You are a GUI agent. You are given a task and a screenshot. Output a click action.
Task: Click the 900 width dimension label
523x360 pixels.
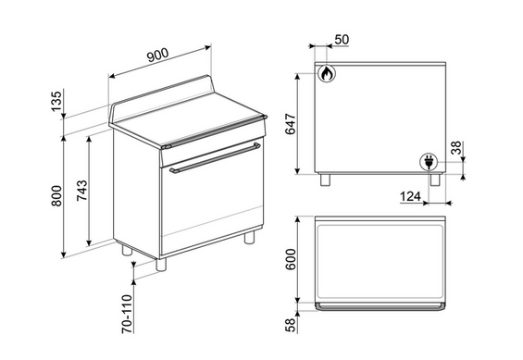click(x=158, y=55)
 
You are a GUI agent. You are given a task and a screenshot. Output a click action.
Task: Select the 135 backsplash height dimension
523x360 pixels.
click(x=56, y=101)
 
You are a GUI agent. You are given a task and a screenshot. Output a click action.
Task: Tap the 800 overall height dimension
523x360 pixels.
click(x=56, y=196)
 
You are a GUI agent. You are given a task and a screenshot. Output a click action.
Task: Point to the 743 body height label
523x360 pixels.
click(x=82, y=191)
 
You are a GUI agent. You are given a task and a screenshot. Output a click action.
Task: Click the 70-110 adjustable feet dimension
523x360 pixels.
click(x=127, y=314)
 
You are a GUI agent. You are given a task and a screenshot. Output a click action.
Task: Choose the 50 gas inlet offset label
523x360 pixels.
click(x=342, y=40)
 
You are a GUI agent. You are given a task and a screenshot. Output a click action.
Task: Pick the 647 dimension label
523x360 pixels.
click(x=291, y=124)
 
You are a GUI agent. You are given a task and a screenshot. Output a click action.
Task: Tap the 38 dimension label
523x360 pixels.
click(x=456, y=148)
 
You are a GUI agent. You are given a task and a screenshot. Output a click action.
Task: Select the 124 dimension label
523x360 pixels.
click(x=410, y=196)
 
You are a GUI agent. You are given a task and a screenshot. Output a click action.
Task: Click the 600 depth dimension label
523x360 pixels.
click(x=291, y=259)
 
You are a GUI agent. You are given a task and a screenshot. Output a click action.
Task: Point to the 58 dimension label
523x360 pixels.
click(x=291, y=326)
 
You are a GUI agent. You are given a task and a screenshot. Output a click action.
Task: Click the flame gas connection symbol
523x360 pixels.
click(x=327, y=73)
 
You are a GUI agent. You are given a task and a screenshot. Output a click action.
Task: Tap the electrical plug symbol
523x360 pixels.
click(x=429, y=162)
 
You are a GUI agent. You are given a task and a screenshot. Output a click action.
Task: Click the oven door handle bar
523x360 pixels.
click(x=215, y=158)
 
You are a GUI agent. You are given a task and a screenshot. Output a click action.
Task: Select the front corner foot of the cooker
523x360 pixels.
click(x=161, y=264)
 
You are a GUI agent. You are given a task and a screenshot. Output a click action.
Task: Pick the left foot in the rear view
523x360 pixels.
click(x=325, y=180)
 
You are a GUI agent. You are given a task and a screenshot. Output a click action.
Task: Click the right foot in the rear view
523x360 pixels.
click(x=435, y=180)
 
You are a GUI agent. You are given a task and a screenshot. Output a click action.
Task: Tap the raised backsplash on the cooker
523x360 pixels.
click(x=162, y=99)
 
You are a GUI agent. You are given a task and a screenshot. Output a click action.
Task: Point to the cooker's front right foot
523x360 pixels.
click(x=249, y=237)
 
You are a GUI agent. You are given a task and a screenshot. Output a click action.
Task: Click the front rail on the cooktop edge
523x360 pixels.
click(x=214, y=131)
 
